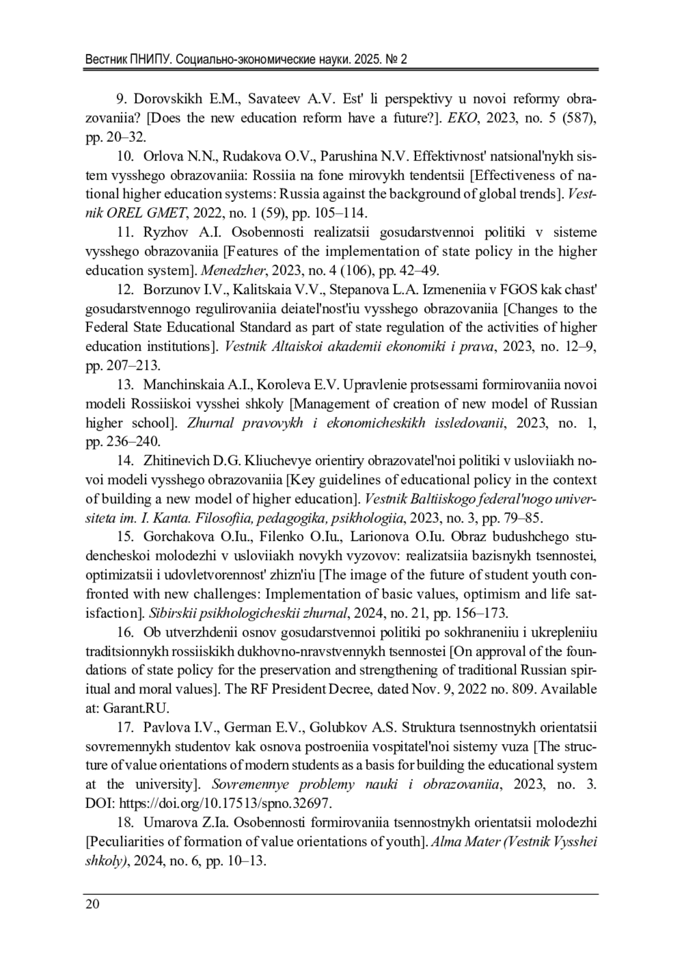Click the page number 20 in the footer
tap(92, 904)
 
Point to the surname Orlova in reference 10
tap(163, 156)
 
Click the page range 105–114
tap(338, 213)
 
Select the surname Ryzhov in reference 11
tap(163, 232)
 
